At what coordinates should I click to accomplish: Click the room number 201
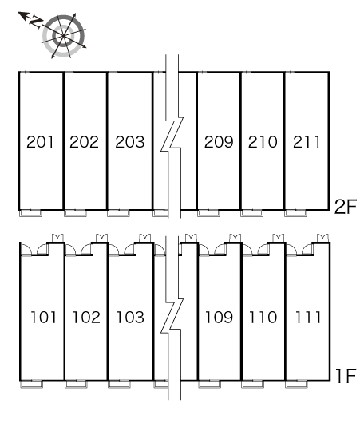tap(40, 142)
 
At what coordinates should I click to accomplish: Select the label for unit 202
tap(84, 142)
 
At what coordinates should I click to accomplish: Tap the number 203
tap(130, 142)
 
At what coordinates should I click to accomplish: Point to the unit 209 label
tap(219, 142)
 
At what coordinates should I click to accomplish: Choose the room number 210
tap(263, 142)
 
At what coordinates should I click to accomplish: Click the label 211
tap(307, 142)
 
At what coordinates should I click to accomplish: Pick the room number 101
tap(43, 318)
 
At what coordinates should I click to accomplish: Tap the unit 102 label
tap(86, 318)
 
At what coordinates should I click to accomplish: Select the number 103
tap(130, 318)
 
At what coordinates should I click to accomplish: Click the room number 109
tap(219, 318)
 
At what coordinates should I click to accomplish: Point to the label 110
tap(263, 318)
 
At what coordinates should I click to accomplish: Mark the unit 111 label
tap(308, 318)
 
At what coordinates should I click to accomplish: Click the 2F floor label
tap(345, 207)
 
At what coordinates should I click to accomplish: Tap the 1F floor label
tap(346, 376)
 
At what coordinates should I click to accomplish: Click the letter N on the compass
tap(36, 22)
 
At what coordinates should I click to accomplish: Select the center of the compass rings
tap(63, 36)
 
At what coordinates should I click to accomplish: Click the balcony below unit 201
tap(31, 213)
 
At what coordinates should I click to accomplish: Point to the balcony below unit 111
tap(297, 384)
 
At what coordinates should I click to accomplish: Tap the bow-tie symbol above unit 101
tap(57, 238)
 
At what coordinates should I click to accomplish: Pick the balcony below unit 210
tap(251, 213)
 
